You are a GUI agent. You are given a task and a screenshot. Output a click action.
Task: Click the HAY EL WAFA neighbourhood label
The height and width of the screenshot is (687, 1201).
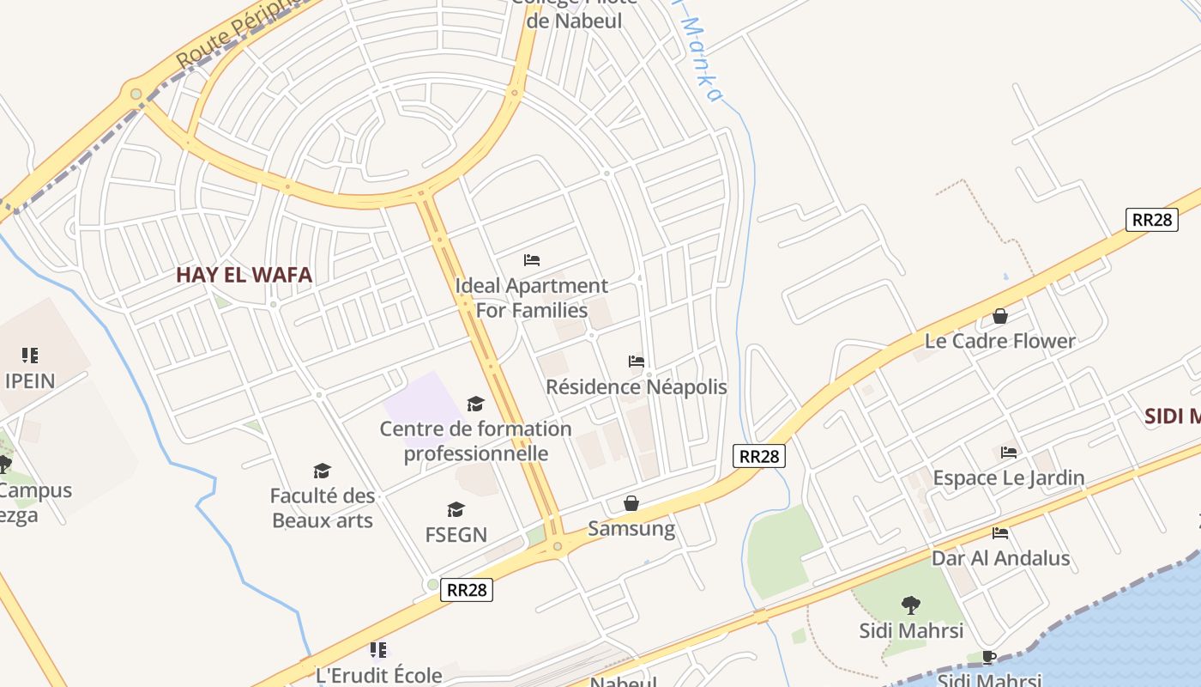point(244,275)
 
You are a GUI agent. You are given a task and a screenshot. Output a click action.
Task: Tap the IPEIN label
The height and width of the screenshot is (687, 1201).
point(29,380)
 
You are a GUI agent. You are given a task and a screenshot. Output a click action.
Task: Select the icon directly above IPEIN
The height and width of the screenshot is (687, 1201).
point(30,355)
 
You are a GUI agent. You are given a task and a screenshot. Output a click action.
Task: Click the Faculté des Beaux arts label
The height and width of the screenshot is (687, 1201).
point(323,508)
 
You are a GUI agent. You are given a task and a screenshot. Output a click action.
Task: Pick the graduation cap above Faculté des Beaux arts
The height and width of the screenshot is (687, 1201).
point(322,471)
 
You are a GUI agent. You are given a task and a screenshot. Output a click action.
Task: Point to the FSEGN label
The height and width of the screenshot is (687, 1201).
point(456,534)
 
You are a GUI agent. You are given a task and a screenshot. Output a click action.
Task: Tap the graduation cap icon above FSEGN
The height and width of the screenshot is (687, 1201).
point(456,510)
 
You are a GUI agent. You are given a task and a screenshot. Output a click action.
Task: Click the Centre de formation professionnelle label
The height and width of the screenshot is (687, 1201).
point(475,441)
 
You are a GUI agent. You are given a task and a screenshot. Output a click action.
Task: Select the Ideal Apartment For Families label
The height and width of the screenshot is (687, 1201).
point(531,297)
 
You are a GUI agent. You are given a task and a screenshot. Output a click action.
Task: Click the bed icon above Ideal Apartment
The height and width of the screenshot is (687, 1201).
point(532,259)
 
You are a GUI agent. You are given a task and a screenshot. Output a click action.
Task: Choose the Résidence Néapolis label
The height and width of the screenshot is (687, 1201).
point(636,386)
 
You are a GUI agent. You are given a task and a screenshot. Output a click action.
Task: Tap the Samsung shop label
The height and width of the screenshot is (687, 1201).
point(631,528)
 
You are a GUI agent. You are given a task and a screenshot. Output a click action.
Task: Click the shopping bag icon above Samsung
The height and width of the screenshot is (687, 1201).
point(631,503)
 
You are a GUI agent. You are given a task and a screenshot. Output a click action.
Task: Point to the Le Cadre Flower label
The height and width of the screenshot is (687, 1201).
point(999,341)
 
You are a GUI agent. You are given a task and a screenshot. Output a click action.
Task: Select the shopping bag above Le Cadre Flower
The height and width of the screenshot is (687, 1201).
point(999,316)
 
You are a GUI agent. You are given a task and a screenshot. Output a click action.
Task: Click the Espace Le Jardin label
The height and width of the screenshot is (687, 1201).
point(1008,477)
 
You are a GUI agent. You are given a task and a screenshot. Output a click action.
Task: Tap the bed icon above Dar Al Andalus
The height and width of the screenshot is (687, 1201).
point(999,533)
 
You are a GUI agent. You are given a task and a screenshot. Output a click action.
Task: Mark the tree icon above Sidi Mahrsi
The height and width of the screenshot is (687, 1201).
point(910,605)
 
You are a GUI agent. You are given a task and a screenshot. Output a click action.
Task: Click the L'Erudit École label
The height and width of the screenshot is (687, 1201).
point(378,675)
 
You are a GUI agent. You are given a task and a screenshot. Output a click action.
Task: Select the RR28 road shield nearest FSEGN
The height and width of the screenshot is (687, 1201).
point(467,590)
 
